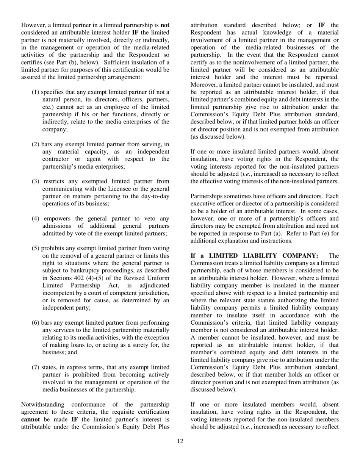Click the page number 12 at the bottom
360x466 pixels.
[180, 441]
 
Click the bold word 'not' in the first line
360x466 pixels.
[165, 25]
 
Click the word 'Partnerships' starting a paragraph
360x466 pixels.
[208, 196]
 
